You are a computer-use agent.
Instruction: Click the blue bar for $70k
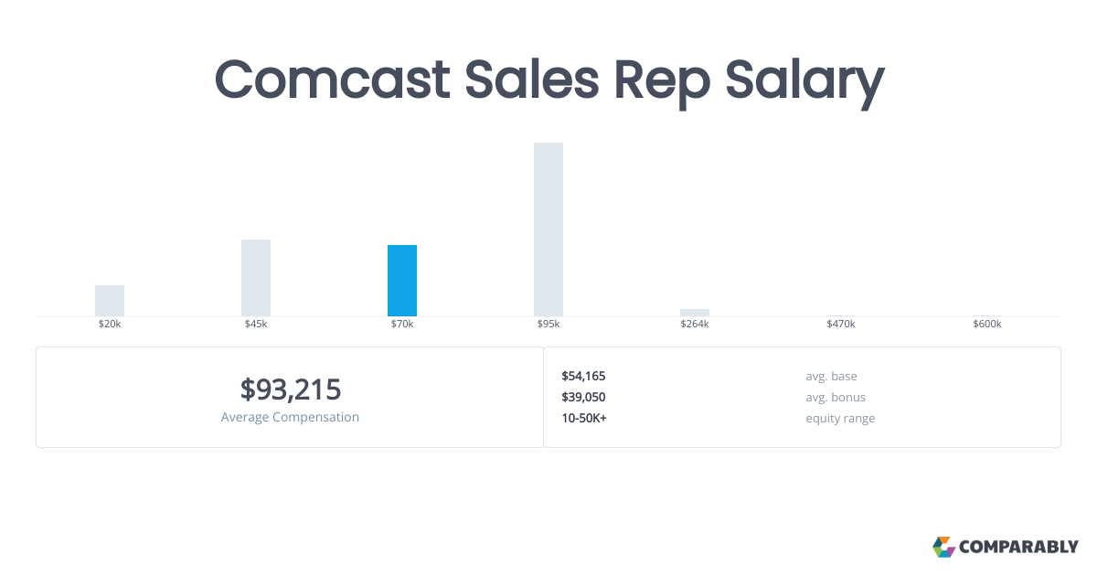pyautogui.click(x=402, y=280)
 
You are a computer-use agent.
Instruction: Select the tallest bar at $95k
pyautogui.click(x=548, y=229)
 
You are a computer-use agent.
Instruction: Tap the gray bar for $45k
pyautogui.click(x=256, y=277)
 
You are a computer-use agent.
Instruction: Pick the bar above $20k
pyautogui.click(x=110, y=300)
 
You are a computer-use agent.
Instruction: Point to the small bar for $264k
pyautogui.click(x=695, y=313)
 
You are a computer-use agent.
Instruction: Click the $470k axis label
pyautogui.click(x=841, y=325)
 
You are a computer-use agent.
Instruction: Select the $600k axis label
pyautogui.click(x=987, y=325)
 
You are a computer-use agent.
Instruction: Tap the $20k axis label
pyautogui.click(x=110, y=325)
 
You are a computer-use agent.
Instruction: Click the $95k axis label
pyautogui.click(x=548, y=325)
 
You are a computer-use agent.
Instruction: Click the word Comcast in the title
pyautogui.click(x=332, y=80)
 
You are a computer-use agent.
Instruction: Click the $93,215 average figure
pyautogui.click(x=291, y=389)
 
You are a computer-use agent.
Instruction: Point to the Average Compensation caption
pyautogui.click(x=291, y=417)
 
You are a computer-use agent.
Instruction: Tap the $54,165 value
pyautogui.click(x=583, y=376)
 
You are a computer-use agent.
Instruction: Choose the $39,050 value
pyautogui.click(x=583, y=397)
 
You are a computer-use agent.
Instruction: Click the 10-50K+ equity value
pyautogui.click(x=584, y=418)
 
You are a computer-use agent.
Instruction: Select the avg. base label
pyautogui.click(x=831, y=376)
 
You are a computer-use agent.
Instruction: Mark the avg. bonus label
pyautogui.click(x=836, y=397)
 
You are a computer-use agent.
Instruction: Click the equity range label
pyautogui.click(x=840, y=418)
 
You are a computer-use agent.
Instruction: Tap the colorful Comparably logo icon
pyautogui.click(x=943, y=547)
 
